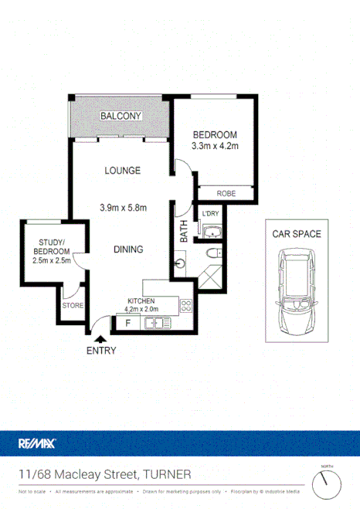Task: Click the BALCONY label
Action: point(121,116)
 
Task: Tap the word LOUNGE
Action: point(123,171)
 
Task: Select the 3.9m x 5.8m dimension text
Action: point(124,206)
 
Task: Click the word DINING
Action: point(123,249)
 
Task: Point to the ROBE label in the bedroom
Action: point(226,194)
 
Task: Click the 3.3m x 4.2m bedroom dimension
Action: point(214,146)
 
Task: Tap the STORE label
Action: point(73,306)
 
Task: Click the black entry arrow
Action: point(100,337)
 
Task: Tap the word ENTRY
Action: point(101,350)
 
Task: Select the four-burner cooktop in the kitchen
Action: point(185,305)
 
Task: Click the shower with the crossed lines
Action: point(210,277)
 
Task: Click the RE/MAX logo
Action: point(37,443)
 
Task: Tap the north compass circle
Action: point(328,484)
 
